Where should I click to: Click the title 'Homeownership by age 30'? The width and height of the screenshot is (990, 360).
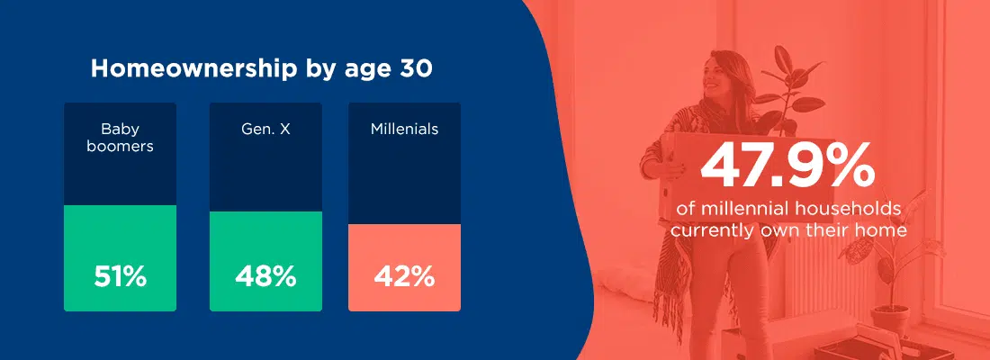pyautogui.click(x=261, y=68)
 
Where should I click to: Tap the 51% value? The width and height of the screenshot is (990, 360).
pyautogui.click(x=120, y=276)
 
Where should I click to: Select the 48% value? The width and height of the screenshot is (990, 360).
pyautogui.click(x=265, y=276)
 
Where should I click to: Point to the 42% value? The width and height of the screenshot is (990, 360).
pyautogui.click(x=404, y=276)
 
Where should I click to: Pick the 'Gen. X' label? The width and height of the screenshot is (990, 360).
pyautogui.click(x=265, y=130)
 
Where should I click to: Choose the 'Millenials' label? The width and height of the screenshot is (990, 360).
pyautogui.click(x=404, y=130)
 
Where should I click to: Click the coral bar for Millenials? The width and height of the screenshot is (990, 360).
pyautogui.click(x=404, y=268)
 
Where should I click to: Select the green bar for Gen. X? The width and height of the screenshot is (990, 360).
pyautogui.click(x=265, y=262)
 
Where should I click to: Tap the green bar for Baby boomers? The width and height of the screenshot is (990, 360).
pyautogui.click(x=120, y=258)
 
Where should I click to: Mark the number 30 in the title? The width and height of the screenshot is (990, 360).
pyautogui.click(x=417, y=68)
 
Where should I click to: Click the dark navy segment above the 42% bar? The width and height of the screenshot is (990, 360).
pyautogui.click(x=404, y=164)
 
